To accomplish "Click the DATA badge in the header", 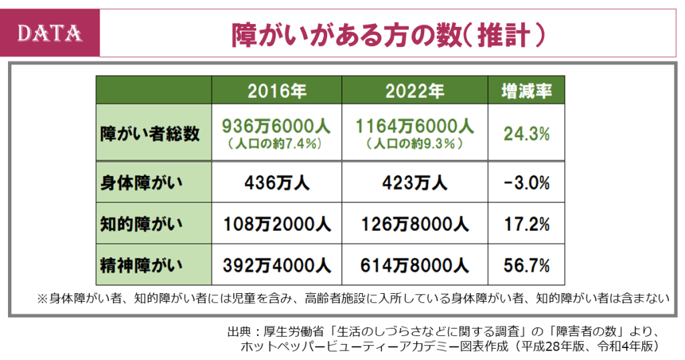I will [x=50, y=33].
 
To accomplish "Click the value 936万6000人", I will [x=276, y=126].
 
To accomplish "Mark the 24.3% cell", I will [x=526, y=133].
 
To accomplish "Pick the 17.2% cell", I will [x=526, y=223].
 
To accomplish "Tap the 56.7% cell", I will [x=526, y=266].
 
